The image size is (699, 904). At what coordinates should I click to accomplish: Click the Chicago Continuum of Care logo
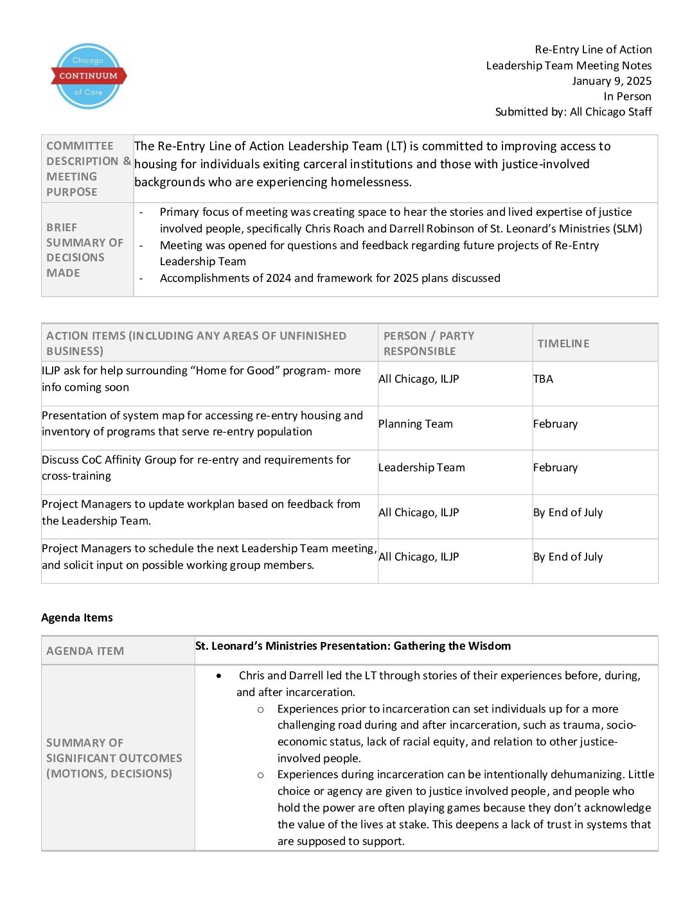(88, 76)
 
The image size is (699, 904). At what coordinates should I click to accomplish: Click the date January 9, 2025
(612, 81)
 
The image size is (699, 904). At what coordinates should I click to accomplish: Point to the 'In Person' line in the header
(627, 96)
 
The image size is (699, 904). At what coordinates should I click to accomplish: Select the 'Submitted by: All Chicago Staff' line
(573, 112)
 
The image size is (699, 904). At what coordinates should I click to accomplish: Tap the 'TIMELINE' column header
(563, 343)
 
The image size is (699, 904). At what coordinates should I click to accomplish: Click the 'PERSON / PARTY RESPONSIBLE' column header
(429, 343)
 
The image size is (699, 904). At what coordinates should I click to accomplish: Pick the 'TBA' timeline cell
(543, 379)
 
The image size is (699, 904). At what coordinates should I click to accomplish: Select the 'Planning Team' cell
(416, 424)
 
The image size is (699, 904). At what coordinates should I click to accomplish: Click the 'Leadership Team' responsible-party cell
(421, 467)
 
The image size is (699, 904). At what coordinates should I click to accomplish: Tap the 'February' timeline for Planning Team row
(555, 424)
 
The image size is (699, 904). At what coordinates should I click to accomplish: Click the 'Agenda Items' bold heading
(77, 618)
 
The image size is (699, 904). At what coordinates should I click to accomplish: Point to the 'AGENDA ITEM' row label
(85, 651)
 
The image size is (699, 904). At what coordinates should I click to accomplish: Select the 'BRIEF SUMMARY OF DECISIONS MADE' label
(84, 250)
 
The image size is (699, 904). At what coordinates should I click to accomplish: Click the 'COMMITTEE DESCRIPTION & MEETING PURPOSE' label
(88, 169)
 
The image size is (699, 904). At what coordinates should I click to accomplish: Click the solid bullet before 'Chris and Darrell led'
(220, 675)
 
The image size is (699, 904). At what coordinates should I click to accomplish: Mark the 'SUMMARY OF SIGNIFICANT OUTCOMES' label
(114, 758)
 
